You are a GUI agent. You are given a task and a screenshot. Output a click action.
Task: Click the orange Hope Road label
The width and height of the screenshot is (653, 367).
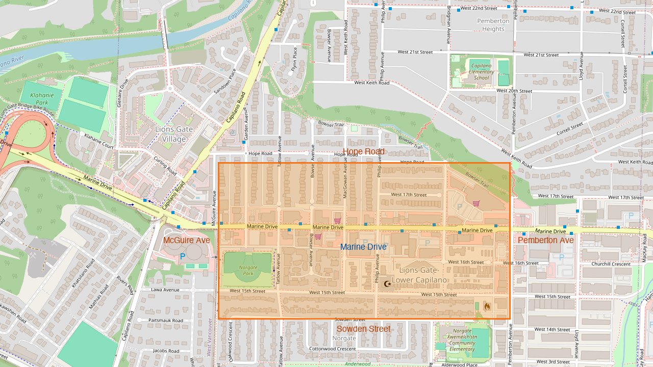pos(363,152)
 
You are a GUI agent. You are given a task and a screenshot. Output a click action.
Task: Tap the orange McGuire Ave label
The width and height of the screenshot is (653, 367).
pos(186,240)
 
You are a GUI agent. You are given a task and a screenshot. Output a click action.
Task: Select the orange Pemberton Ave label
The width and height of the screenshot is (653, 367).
pos(545,240)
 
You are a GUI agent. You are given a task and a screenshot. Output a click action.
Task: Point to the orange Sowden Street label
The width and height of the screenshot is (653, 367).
pos(363,329)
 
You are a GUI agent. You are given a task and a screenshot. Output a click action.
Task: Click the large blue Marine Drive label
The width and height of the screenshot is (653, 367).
pos(363,247)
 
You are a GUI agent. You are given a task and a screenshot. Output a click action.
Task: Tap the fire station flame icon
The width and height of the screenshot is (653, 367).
pos(487,306)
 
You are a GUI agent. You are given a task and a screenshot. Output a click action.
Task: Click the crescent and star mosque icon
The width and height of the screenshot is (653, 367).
pos(387,283)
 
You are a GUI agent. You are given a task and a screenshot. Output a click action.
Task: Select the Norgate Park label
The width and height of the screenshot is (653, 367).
pos(248,271)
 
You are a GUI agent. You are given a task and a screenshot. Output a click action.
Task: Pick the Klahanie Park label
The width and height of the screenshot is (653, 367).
pos(39,98)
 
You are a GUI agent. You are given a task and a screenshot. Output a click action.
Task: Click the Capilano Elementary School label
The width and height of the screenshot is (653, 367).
pos(481,72)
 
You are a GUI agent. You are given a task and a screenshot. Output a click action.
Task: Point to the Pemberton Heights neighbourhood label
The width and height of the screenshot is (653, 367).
pos(493,25)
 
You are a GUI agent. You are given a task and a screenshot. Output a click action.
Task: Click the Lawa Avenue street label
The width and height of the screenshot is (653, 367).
pos(165,290)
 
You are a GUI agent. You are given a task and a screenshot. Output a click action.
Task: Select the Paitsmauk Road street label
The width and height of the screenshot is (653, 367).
pos(166,320)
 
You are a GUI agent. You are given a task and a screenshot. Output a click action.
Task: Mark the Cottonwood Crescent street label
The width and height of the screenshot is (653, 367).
pos(332,349)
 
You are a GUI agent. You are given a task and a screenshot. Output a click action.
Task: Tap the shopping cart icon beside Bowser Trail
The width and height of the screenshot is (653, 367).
pos(476,203)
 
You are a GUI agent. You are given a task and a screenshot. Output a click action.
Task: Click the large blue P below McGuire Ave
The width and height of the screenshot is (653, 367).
pos(182,257)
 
